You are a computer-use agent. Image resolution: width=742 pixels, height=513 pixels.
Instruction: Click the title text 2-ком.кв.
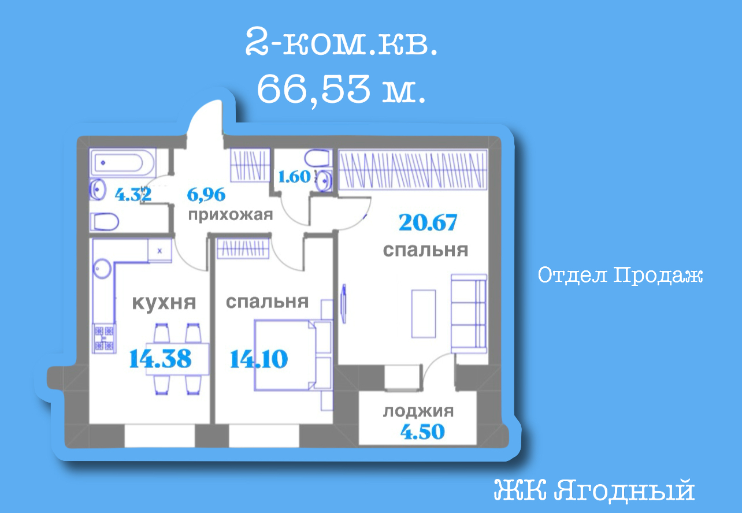(341, 42)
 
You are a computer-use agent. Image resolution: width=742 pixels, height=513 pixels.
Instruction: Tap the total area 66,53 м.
(340, 88)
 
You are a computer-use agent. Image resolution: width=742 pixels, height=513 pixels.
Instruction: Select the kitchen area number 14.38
(160, 359)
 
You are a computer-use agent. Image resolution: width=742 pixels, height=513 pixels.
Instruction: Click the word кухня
(164, 302)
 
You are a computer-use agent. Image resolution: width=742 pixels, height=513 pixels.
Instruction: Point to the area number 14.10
(259, 359)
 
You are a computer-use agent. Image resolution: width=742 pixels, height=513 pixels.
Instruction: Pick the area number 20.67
(428, 222)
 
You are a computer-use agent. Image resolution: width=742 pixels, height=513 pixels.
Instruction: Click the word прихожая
(231, 215)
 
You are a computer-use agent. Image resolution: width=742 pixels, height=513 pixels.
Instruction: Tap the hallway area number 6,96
(206, 195)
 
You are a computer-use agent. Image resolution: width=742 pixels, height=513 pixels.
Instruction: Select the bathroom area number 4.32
(133, 195)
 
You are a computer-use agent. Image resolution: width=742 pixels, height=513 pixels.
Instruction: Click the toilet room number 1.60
(295, 177)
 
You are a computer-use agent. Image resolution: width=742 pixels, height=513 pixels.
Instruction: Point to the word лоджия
(418, 411)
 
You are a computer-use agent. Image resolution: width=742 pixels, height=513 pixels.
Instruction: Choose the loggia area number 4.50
(422, 432)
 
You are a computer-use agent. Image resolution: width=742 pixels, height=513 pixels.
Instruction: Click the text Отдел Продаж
(620, 276)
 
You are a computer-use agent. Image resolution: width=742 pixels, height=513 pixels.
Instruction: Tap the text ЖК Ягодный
(594, 490)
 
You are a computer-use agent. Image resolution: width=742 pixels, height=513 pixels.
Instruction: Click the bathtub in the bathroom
(123, 163)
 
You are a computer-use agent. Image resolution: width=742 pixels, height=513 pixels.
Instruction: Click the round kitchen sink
(102, 269)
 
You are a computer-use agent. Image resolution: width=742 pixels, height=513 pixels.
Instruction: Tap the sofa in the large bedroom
(469, 314)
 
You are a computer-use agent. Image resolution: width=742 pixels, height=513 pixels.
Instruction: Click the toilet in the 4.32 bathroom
(104, 222)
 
